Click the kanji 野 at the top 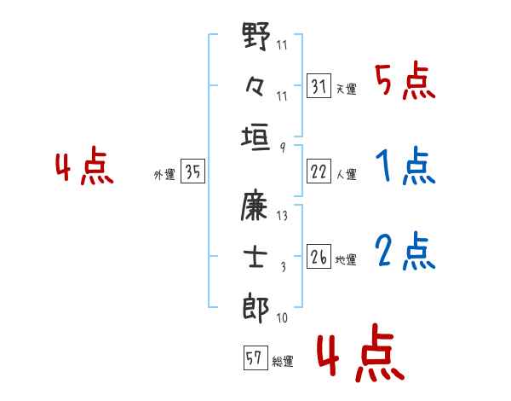pos(255,38)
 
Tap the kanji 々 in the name pos(255,85)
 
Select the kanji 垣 pos(255,137)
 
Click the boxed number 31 pos(319,86)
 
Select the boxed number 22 pos(319,171)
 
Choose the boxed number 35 pos(192,171)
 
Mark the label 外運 pos(164,175)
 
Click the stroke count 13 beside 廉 pos(282,215)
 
